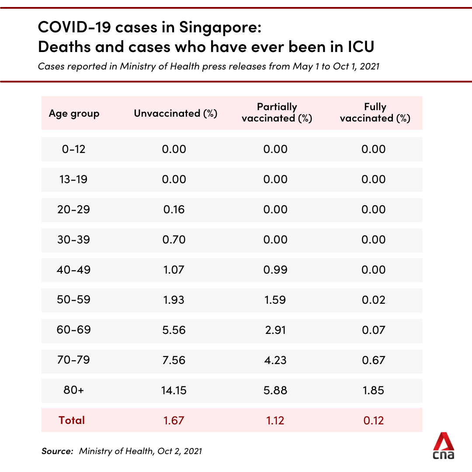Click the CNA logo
click(x=444, y=446)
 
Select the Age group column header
click(x=74, y=114)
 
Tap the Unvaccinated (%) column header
click(x=175, y=114)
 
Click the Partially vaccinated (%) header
click(x=277, y=113)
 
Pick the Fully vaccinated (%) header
click(x=375, y=113)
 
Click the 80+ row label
click(x=73, y=390)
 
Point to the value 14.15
click(x=174, y=390)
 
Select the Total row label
click(x=72, y=420)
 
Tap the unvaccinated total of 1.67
click(x=174, y=420)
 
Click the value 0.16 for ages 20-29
click(x=174, y=209)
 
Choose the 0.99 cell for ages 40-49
click(x=275, y=270)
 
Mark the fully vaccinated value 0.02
click(x=374, y=300)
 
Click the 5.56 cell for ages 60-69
click(x=174, y=330)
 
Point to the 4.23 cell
click(x=275, y=360)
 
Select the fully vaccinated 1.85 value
click(x=374, y=390)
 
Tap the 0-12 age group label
click(x=73, y=149)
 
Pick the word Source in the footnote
click(x=57, y=451)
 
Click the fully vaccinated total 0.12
click(x=374, y=420)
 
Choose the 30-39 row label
click(x=73, y=239)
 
